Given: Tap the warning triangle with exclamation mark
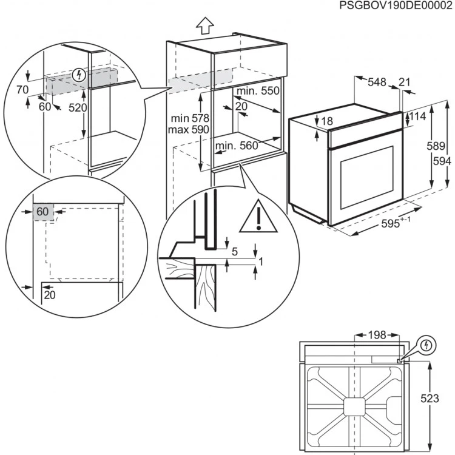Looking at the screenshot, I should click(258, 217).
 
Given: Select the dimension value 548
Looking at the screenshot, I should click(377, 83).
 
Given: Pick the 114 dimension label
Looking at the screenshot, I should click(417, 116).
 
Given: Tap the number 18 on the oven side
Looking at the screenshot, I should click(326, 121).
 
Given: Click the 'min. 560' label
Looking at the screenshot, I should click(236, 146).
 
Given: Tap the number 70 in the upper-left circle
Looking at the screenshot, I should click(22, 89).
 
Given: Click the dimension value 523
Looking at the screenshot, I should click(442, 398).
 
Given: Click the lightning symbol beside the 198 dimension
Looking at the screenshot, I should click(427, 345).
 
